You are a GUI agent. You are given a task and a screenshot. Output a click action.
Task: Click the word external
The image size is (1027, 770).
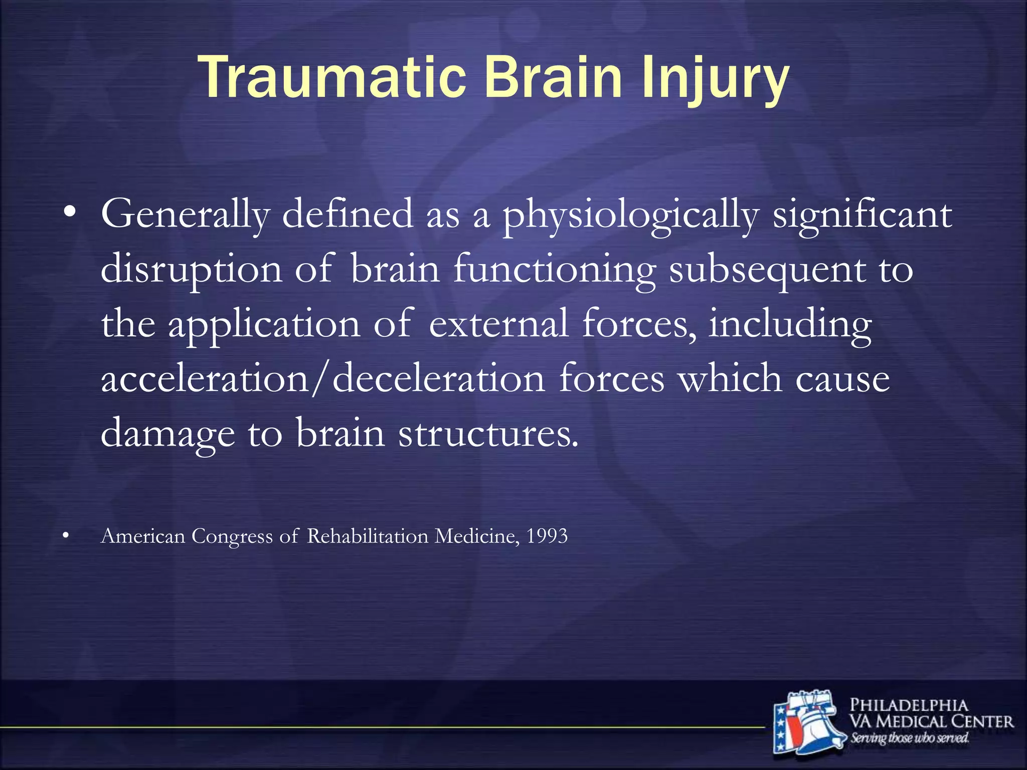pyautogui.click(x=498, y=324)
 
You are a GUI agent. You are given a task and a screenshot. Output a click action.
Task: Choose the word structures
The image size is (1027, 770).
pyautogui.click(x=488, y=434)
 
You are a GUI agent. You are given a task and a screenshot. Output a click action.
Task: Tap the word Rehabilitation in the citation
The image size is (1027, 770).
pyautogui.click(x=368, y=536)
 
